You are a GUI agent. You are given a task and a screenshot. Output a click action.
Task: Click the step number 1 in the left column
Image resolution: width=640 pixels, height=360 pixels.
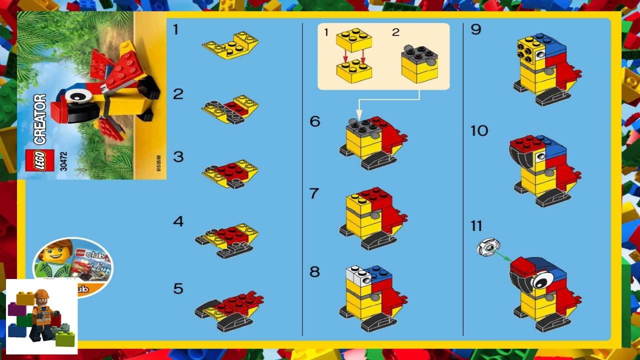(175, 30)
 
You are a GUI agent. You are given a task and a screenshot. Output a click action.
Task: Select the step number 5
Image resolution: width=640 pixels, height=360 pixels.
(178, 289)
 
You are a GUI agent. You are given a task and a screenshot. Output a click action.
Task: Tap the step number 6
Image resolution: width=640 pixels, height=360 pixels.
(314, 121)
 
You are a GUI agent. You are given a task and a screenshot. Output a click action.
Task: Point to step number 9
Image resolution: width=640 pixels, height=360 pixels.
(475, 30)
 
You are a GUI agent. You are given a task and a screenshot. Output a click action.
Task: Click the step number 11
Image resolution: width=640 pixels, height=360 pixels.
(476, 226)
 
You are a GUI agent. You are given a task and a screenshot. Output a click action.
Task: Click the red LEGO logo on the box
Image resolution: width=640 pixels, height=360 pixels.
(39, 160)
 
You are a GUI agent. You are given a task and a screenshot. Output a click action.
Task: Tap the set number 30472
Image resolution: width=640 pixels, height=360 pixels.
(63, 160)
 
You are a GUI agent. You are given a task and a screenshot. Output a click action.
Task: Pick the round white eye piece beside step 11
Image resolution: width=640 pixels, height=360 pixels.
(488, 247)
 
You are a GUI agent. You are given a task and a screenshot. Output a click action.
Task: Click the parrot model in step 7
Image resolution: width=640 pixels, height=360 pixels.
(372, 217)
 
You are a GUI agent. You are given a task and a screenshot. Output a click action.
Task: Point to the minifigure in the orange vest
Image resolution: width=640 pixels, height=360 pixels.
(42, 315)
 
